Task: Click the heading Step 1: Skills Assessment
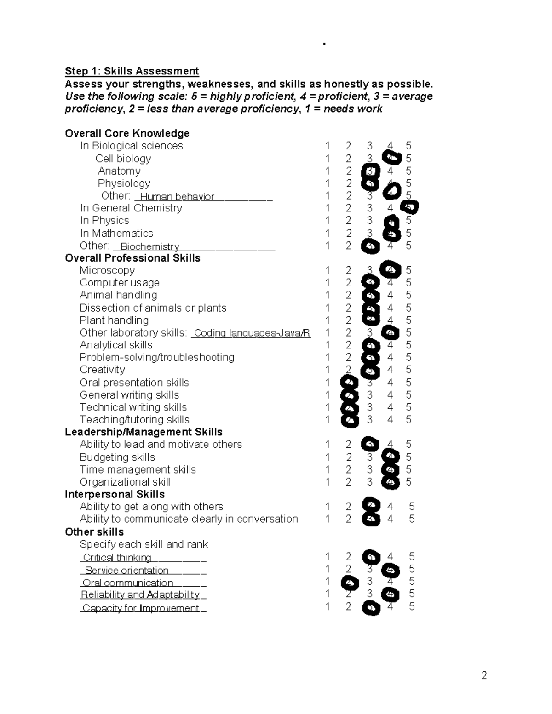[132, 71]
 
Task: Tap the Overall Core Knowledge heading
[127, 133]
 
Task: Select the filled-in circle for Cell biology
[391, 158]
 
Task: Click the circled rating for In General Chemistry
[410, 207]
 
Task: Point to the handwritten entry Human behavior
[177, 197]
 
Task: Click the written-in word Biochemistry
[149, 246]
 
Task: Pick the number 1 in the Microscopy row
[328, 270]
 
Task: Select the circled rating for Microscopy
[390, 269]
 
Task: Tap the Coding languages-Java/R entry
[252, 333]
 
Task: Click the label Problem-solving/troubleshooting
[157, 357]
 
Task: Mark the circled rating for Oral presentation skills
[349, 383]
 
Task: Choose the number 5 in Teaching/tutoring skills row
[408, 419]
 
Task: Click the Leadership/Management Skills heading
[144, 432]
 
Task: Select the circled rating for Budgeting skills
[391, 457]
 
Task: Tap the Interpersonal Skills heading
[115, 494]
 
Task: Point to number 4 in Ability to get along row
[390, 507]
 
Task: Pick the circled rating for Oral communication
[350, 583]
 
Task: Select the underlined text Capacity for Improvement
[141, 608]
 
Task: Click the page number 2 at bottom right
[484, 675]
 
